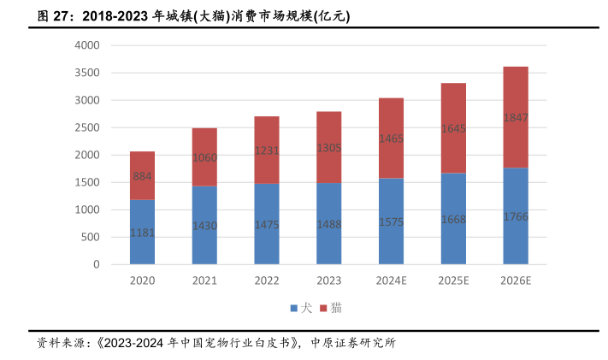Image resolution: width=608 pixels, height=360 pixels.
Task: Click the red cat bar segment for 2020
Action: pos(142,176)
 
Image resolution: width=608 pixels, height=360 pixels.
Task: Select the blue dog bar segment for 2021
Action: pos(204,225)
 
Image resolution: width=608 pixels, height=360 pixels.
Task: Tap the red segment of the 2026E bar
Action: pos(516,117)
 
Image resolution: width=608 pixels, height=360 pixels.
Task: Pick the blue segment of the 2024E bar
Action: pos(392,221)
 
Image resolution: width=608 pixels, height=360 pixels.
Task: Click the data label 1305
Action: pos(329,148)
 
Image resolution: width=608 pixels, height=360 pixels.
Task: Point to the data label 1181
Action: pos(142,233)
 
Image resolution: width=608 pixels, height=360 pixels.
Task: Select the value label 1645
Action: pos(453,128)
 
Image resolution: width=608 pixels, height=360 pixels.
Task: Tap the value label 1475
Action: pos(267,225)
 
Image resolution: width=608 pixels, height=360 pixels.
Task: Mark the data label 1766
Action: pos(516,216)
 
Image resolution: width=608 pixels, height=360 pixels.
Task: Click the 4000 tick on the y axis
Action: pos(87,45)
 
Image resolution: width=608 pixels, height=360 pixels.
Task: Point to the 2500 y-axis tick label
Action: pos(87,127)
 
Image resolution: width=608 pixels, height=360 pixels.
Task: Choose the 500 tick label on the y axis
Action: pos(91,237)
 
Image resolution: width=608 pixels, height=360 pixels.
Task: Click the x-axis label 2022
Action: pos(267,280)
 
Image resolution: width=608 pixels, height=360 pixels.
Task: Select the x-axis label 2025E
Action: pos(453,280)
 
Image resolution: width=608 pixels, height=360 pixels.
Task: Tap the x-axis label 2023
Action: pos(329,280)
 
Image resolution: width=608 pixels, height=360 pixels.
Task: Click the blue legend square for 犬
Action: pos(294,309)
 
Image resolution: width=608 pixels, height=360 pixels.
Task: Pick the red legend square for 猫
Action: pos(323,309)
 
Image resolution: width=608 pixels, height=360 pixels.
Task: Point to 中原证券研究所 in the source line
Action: pos(353,343)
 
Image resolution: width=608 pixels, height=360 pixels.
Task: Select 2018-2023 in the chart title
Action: pos(115,16)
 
